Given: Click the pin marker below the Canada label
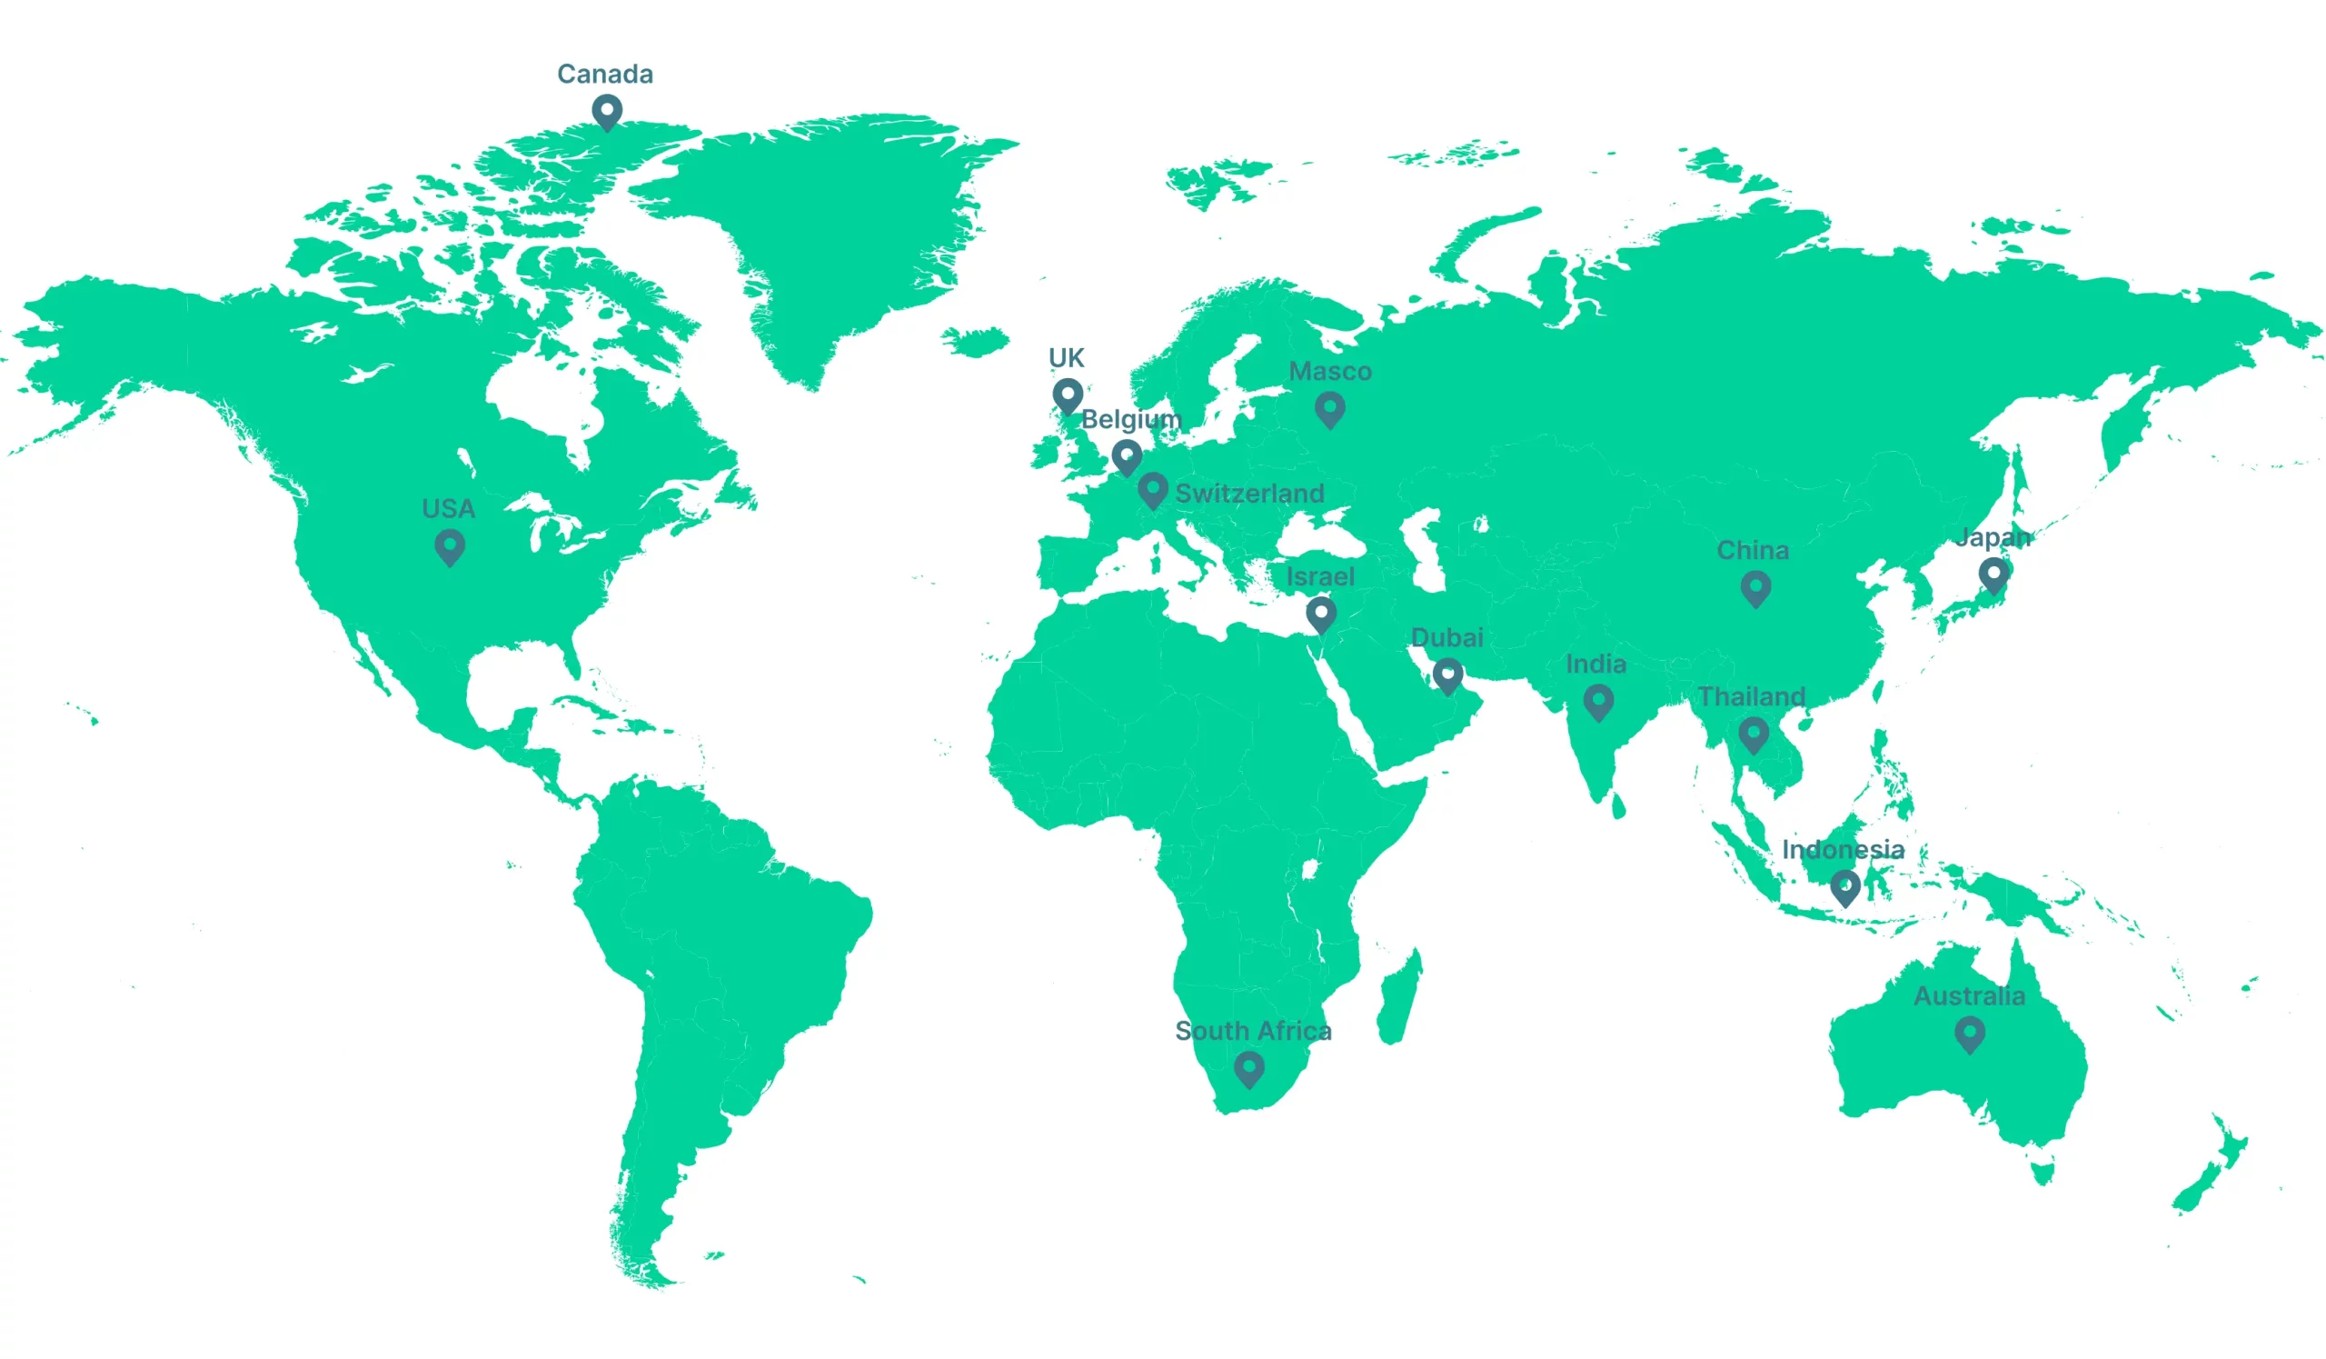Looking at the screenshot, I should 606,113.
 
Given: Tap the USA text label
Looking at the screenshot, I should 448,509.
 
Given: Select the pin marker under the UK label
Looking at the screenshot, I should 1067,396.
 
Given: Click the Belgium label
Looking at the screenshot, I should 1130,419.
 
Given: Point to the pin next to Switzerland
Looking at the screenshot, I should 1152,489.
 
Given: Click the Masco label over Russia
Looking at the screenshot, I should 1329,371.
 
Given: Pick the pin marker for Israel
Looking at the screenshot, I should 1321,614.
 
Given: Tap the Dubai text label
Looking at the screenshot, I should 1446,637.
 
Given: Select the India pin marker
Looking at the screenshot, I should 1597,703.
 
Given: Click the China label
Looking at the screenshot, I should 1752,550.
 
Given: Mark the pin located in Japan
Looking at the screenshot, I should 1993,575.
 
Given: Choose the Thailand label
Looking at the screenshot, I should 1751,696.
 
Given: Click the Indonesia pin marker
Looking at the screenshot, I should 1844,887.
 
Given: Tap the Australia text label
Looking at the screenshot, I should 1969,996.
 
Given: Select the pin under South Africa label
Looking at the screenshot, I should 1247,1069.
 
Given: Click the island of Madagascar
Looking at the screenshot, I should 1399,1000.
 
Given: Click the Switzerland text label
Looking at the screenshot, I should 1248,493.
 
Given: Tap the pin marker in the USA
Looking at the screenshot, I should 450,547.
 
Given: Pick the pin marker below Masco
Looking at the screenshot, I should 1329,409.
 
